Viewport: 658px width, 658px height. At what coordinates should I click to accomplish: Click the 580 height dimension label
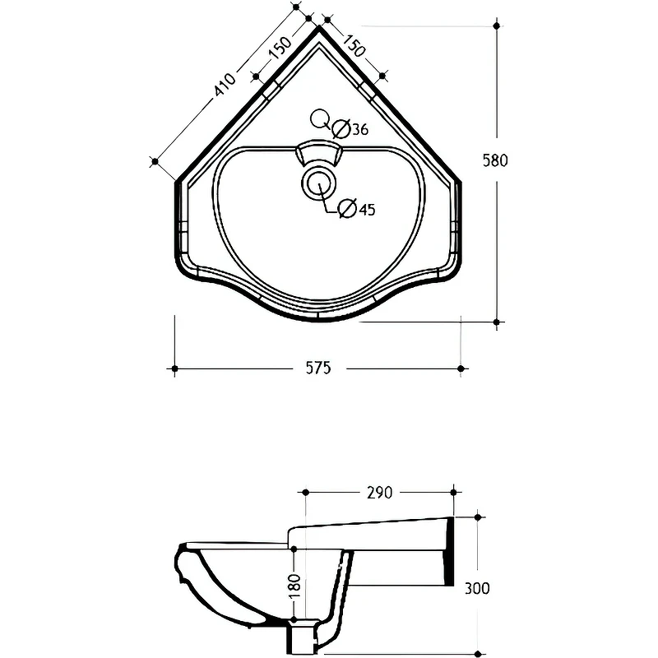(495, 160)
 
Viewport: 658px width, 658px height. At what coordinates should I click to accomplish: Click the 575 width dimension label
(318, 368)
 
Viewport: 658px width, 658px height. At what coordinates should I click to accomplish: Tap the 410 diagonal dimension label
(225, 85)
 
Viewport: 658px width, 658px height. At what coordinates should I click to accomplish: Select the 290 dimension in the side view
(380, 492)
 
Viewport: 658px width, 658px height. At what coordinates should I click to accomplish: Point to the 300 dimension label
(477, 588)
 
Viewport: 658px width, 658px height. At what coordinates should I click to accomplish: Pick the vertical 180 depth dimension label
(295, 586)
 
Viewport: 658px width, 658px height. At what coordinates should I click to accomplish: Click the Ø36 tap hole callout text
(350, 129)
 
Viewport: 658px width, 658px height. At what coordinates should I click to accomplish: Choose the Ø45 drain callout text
(357, 209)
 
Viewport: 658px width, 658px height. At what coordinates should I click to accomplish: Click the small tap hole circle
(319, 118)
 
